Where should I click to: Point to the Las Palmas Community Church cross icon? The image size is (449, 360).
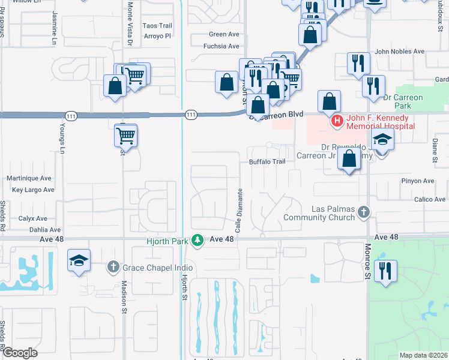[363, 212]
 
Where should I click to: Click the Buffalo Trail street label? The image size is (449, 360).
[267, 162]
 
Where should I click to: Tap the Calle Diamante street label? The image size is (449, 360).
[238, 210]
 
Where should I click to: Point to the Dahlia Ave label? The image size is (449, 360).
[40, 230]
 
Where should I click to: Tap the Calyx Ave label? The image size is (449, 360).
[32, 218]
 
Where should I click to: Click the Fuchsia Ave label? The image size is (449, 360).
[221, 46]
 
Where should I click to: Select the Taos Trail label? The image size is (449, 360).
[157, 26]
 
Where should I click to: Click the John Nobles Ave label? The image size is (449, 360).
[399, 52]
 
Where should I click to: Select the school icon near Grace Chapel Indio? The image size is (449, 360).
[79, 261]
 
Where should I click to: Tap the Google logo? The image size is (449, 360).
[20, 352]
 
